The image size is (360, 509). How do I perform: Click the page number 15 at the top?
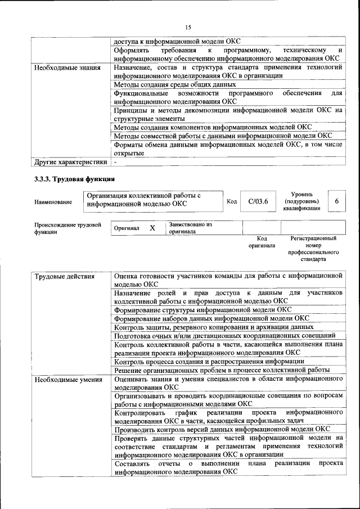point(188,26)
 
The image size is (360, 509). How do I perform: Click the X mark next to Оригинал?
point(152,228)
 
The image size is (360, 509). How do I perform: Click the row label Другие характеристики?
point(70,163)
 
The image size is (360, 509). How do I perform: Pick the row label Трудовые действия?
point(65,277)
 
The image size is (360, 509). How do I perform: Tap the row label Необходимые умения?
point(68,379)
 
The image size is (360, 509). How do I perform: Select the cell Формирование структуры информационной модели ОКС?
point(202,309)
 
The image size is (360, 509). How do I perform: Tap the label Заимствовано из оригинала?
point(190,228)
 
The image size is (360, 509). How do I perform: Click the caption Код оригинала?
point(262,242)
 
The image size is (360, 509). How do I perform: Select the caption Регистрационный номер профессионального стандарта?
point(313,249)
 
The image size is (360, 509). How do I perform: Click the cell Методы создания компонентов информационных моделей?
point(213,127)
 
